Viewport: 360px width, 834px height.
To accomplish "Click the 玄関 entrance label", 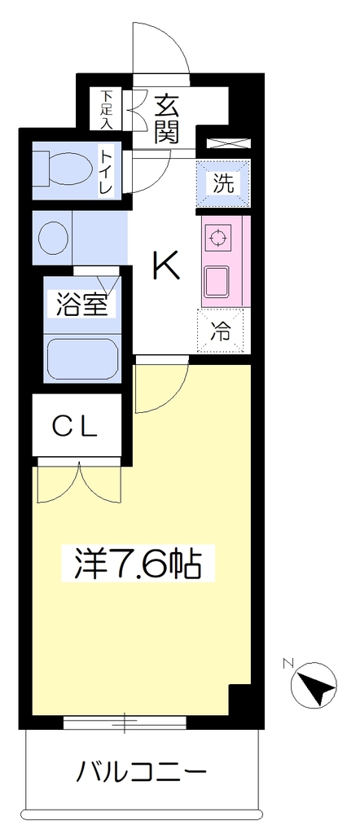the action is tap(166, 119).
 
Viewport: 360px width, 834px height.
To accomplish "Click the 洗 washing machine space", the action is tap(223, 183).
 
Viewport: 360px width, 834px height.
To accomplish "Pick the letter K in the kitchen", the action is tap(166, 265).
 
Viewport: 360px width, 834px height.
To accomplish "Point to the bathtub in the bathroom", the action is tap(81, 358).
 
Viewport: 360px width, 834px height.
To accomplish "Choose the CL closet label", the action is tap(76, 426).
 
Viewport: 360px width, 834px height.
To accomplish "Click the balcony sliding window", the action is tap(125, 723).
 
